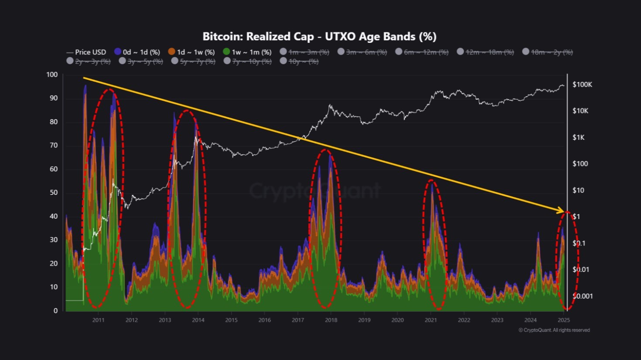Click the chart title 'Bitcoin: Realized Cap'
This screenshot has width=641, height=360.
[x=319, y=36]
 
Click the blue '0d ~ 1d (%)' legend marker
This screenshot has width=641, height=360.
[x=118, y=51]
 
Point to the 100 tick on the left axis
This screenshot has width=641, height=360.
[x=52, y=75]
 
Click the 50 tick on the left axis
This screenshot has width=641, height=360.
[x=53, y=193]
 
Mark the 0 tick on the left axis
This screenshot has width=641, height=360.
[x=55, y=311]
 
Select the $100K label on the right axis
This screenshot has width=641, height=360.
[x=582, y=85]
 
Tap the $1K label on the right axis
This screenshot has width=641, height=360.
[x=578, y=137]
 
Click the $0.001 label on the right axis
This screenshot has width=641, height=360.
[x=583, y=296]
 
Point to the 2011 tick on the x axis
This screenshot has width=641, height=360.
[x=98, y=320]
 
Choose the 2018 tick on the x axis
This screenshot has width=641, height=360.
[x=331, y=320]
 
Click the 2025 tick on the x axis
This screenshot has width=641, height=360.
[x=564, y=320]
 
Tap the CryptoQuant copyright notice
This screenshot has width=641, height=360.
[x=554, y=330]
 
